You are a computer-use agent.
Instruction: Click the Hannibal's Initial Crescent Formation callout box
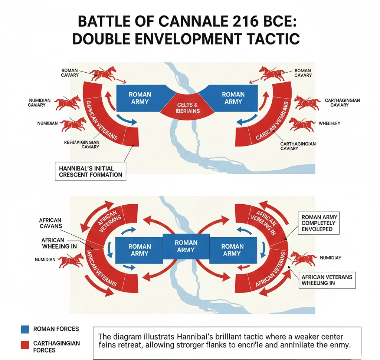[x=91, y=171]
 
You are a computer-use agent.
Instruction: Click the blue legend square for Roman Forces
[x=25, y=329]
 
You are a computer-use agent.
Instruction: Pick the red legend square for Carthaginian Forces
[x=25, y=345]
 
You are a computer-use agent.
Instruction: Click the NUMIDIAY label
[x=330, y=257]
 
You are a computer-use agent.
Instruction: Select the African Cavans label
[x=50, y=223]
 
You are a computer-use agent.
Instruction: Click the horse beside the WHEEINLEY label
[x=301, y=124]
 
